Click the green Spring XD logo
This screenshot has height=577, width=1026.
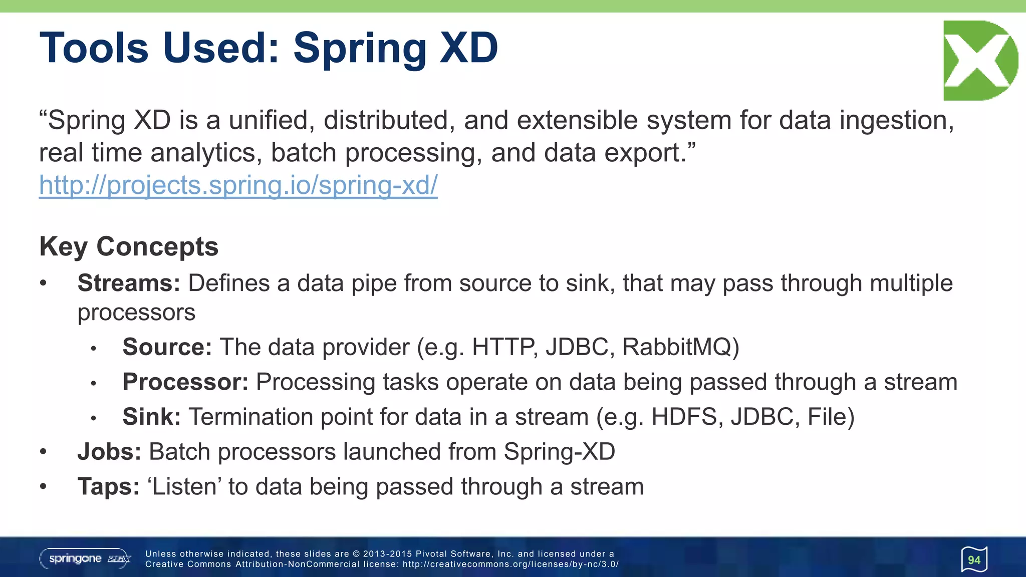[980, 61]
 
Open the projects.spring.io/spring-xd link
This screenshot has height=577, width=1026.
[238, 185]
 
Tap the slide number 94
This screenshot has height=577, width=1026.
[974, 560]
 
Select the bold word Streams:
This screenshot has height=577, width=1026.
[129, 283]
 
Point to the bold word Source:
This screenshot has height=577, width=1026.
[167, 347]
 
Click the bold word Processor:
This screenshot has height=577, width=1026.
[185, 382]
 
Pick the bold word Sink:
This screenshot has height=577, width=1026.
[151, 417]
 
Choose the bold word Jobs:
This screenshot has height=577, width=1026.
[109, 452]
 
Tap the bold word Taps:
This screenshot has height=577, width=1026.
[108, 487]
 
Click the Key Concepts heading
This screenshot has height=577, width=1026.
[129, 246]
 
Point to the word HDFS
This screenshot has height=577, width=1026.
[686, 417]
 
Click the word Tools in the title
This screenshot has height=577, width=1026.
[94, 48]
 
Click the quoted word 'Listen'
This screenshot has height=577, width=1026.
[184, 487]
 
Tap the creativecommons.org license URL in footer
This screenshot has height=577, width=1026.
[510, 564]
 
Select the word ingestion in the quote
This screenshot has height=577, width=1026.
[896, 121]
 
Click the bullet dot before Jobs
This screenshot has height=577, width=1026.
[44, 452]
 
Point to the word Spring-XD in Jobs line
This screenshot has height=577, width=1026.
[559, 452]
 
